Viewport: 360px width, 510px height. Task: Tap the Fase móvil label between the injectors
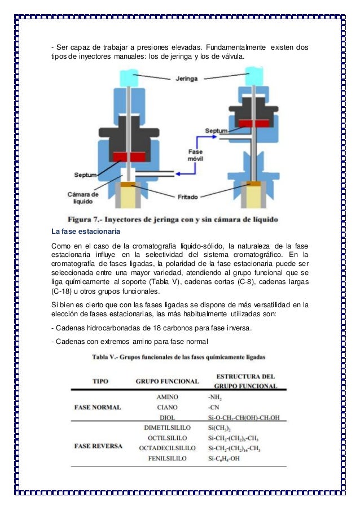click(x=199, y=155)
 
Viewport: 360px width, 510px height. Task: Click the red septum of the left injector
click(x=130, y=156)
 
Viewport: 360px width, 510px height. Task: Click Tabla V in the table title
click(x=107, y=357)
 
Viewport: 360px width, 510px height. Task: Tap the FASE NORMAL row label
click(x=98, y=407)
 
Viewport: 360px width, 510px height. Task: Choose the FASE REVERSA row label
click(x=98, y=446)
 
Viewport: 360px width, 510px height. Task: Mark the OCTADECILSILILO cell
click(x=168, y=448)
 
